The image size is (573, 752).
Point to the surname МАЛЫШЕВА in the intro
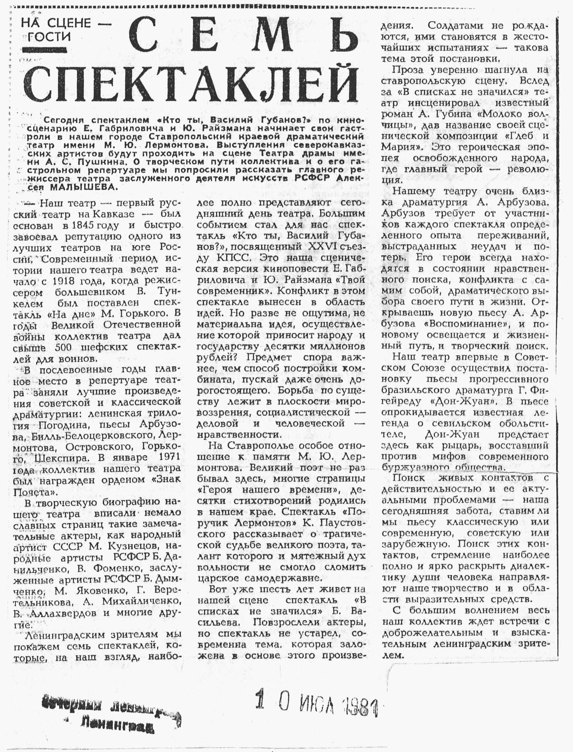(x=83, y=187)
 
